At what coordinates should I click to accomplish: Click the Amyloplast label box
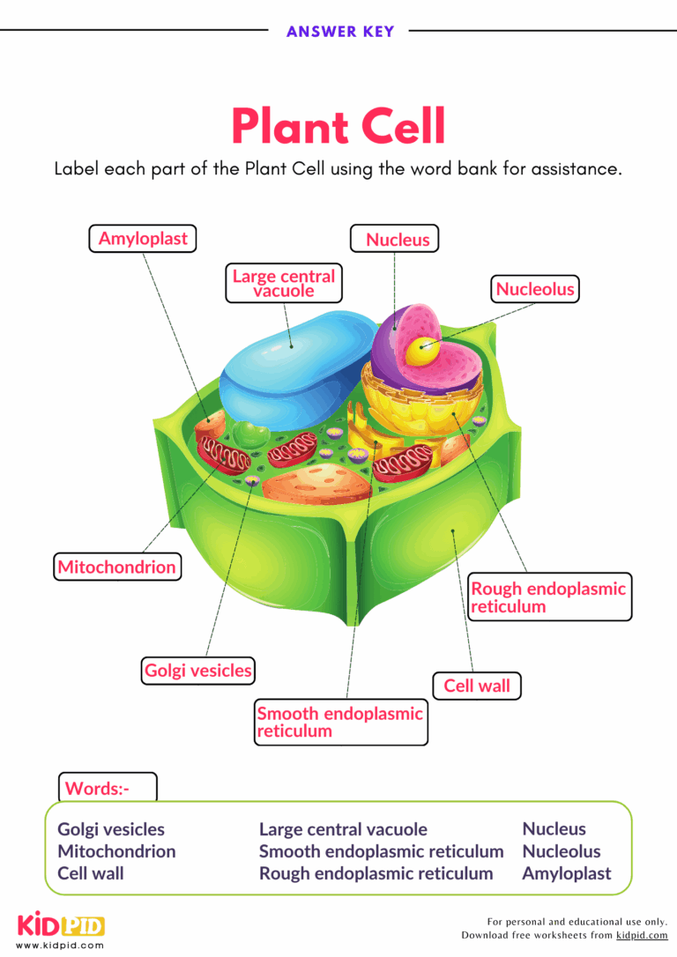tap(143, 239)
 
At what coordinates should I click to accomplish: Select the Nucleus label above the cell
tap(398, 240)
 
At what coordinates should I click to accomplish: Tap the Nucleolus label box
tap(534, 289)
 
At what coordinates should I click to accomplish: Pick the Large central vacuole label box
tap(283, 283)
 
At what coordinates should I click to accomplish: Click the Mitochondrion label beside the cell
tap(116, 567)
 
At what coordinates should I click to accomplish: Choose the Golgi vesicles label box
tap(197, 671)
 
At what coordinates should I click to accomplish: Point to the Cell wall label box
tap(476, 686)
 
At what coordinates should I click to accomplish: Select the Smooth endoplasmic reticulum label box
tap(340, 722)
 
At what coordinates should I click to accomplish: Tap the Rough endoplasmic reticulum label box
tap(548, 597)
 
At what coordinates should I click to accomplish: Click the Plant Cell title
tap(338, 126)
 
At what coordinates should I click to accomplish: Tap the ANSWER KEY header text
tap(339, 32)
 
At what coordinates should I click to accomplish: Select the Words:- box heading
tap(97, 789)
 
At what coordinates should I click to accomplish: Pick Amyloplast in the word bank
tap(566, 873)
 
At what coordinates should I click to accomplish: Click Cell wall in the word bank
tap(91, 873)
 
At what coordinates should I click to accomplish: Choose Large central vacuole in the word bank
tap(343, 829)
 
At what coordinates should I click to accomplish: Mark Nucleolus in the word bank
tap(561, 851)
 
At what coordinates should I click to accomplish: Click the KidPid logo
tap(61, 926)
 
